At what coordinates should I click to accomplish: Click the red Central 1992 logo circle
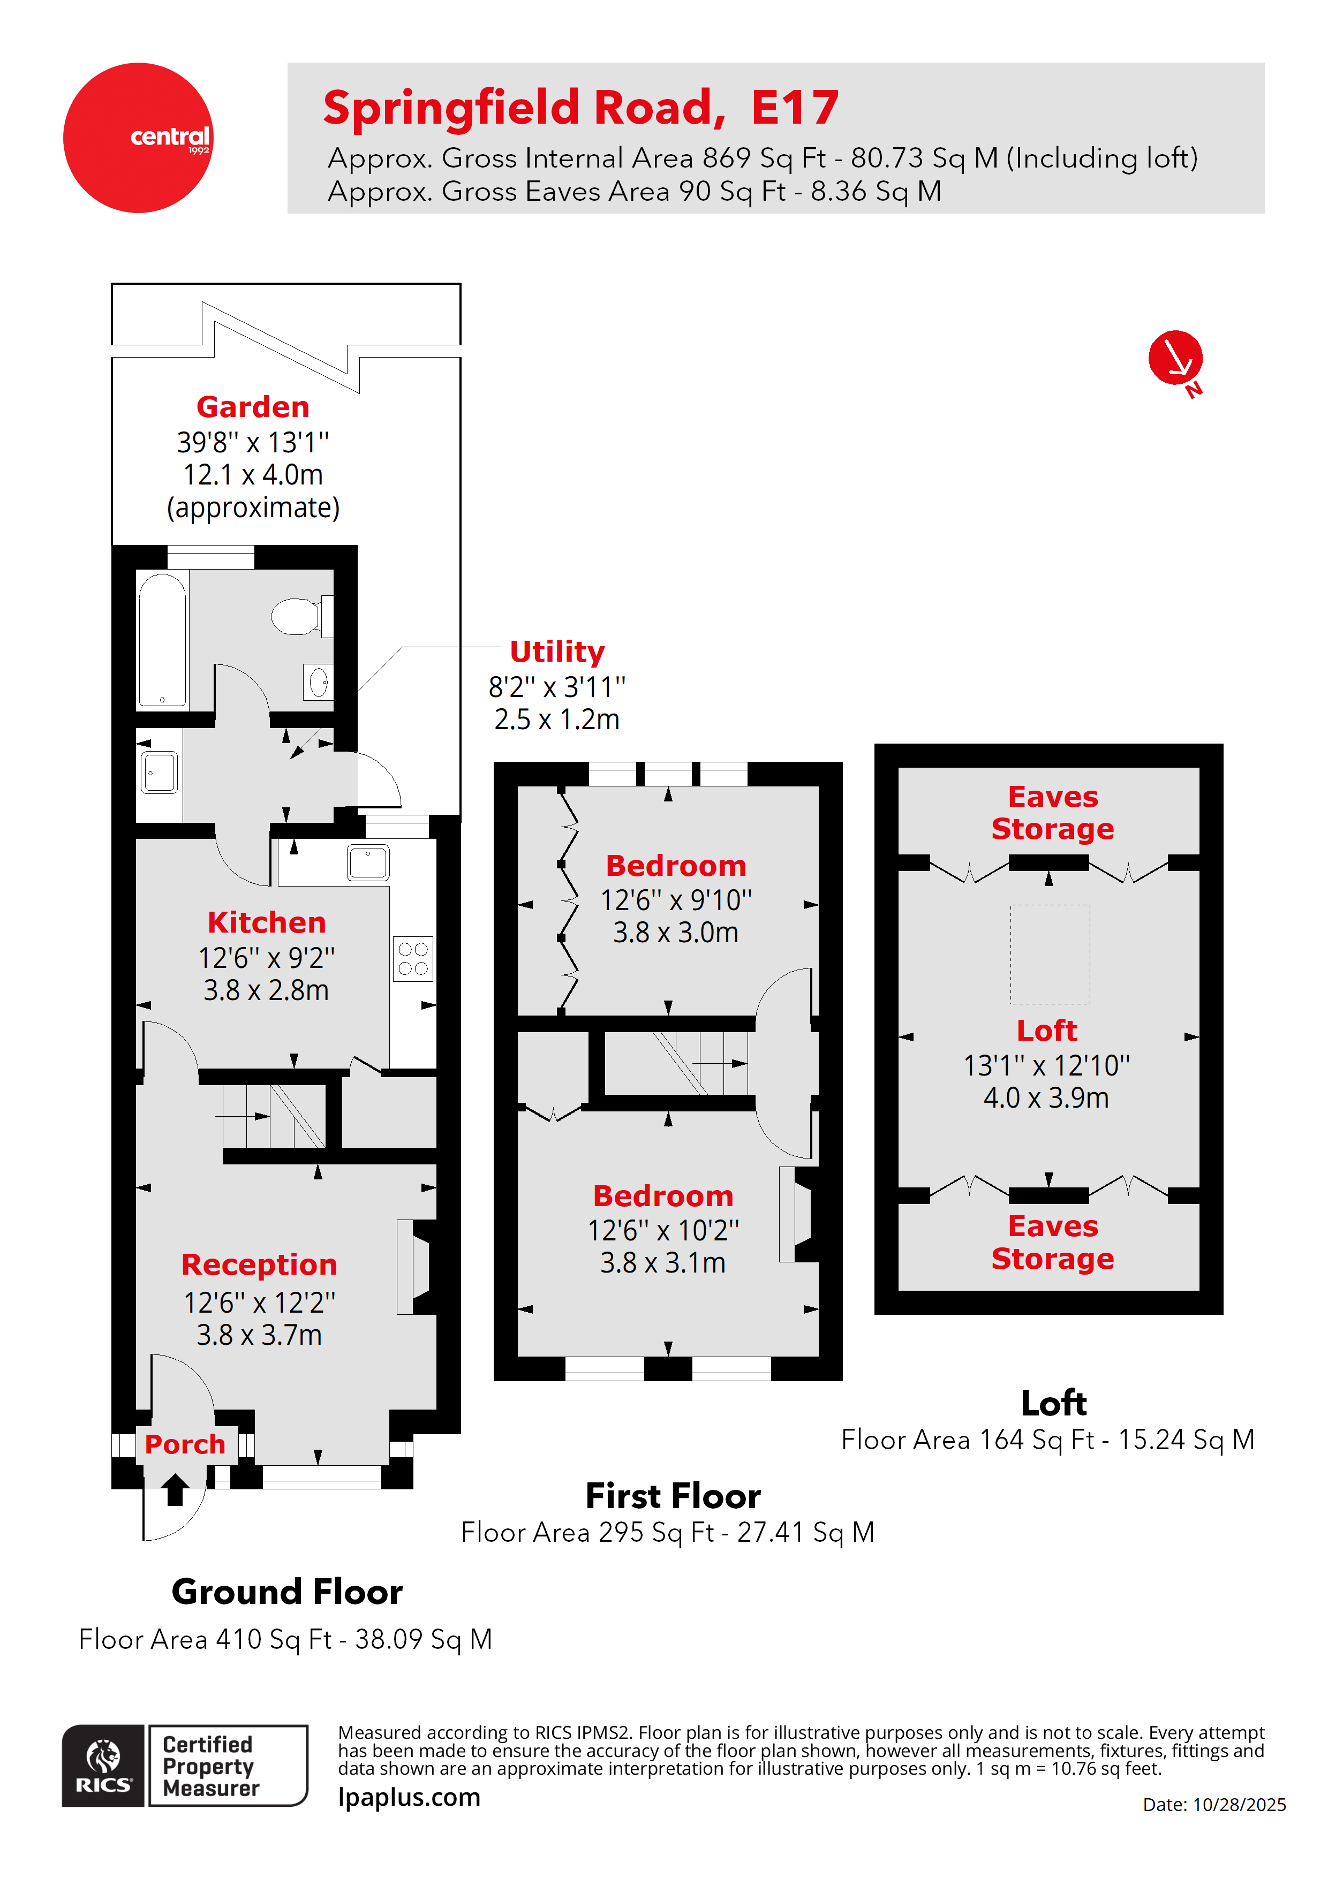[138, 138]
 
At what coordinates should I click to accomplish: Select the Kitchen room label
[266, 922]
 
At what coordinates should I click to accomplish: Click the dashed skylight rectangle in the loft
[1050, 954]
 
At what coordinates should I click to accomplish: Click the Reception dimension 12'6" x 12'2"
[259, 1302]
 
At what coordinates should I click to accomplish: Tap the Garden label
[253, 406]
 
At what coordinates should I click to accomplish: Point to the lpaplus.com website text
[409, 1797]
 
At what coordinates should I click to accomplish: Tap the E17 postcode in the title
[795, 108]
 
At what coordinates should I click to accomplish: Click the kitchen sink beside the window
[368, 862]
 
